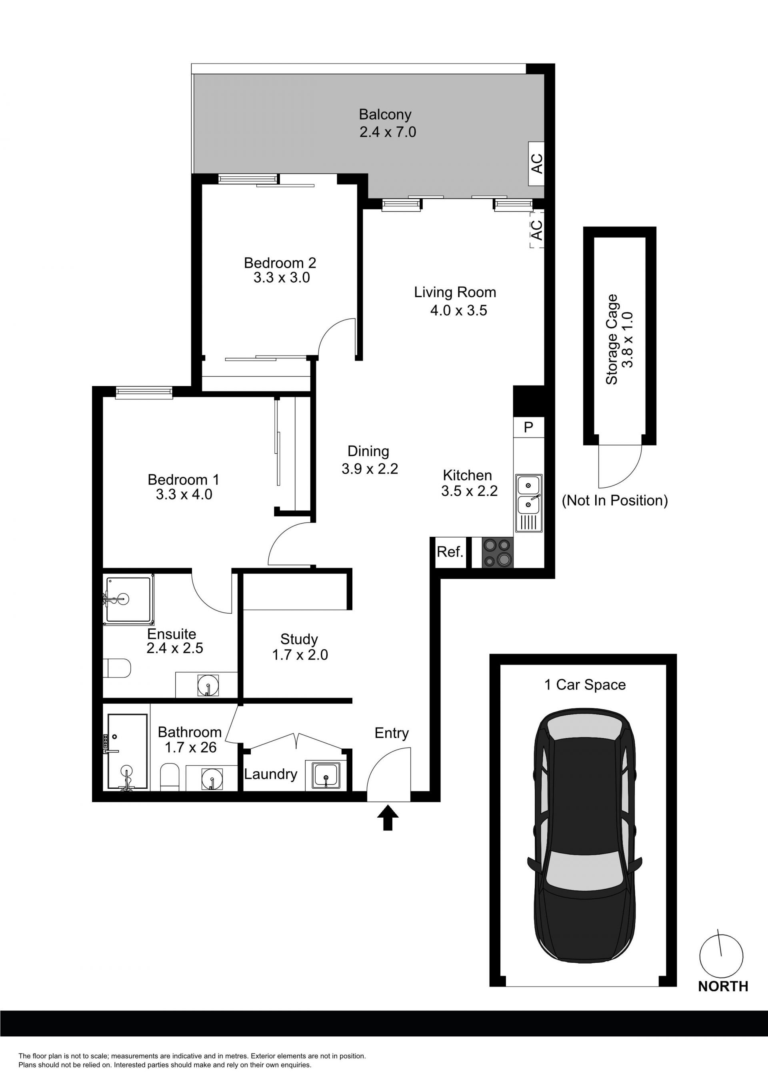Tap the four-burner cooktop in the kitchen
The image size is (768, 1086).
(498, 552)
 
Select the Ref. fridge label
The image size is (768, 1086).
(450, 552)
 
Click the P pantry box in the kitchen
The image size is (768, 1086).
(529, 427)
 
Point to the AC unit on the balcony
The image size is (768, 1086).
(536, 164)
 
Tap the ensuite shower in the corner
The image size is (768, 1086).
(128, 600)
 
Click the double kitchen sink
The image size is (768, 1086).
(529, 503)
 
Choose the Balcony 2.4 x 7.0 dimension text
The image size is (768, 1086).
(388, 132)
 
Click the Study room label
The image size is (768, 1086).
(299, 639)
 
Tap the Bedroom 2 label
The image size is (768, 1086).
(280, 262)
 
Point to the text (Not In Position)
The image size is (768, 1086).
(615, 500)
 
